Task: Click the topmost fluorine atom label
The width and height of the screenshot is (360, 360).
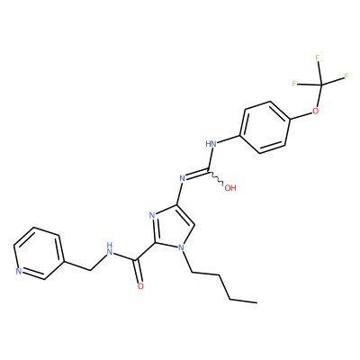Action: pyautogui.click(x=318, y=58)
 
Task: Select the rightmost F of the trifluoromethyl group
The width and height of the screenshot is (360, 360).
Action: pyautogui.click(x=346, y=76)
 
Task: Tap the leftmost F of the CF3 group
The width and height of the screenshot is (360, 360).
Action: pyautogui.click(x=294, y=84)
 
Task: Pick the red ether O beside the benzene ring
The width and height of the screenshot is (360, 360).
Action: pyautogui.click(x=315, y=112)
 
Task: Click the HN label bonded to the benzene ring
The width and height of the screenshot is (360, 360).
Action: pyautogui.click(x=211, y=144)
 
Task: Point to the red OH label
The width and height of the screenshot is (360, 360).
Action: pyautogui.click(x=230, y=188)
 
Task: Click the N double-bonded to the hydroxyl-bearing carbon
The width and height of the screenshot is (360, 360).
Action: pyautogui.click(x=182, y=179)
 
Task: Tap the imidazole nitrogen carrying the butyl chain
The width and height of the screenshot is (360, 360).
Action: pyautogui.click(x=180, y=247)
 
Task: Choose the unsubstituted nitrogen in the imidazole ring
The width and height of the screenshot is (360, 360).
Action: pyautogui.click(x=152, y=215)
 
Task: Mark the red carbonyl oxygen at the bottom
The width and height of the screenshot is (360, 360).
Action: pyautogui.click(x=140, y=286)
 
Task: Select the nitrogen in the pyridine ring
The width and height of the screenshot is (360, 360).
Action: pyautogui.click(x=18, y=271)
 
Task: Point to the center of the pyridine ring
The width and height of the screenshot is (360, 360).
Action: pyautogui.click(x=39, y=253)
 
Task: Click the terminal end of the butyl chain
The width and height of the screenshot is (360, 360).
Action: pyautogui.click(x=256, y=302)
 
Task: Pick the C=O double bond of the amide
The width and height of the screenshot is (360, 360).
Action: pyautogui.click(x=139, y=271)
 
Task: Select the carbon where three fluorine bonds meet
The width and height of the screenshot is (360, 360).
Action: pyautogui.click(x=321, y=85)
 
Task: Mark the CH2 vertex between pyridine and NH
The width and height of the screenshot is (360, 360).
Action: pyautogui.click(x=91, y=271)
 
